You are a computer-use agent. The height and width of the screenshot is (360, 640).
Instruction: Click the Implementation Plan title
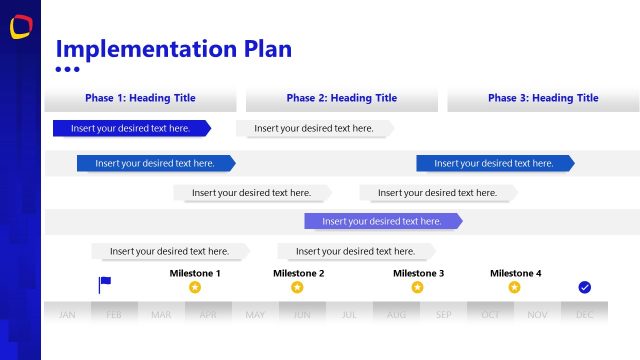coord(173,49)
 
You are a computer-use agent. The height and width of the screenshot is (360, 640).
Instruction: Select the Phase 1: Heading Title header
coord(140,98)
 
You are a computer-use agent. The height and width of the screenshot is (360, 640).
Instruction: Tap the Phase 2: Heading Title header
coord(341,98)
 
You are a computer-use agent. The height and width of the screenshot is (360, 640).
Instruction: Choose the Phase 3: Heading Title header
coord(543,98)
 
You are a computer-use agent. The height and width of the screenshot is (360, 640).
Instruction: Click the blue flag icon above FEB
coord(105,285)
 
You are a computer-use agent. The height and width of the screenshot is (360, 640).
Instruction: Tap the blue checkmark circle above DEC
coord(585,287)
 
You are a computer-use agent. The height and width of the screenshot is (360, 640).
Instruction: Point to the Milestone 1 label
coord(195,273)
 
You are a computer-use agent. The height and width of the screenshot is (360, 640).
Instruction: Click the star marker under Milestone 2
coord(297,288)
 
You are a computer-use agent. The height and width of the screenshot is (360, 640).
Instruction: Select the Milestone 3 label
coord(418,273)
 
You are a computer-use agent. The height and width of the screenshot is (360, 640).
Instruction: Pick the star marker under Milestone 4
coord(514,288)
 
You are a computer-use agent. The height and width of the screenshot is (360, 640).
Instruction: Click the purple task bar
coord(382,221)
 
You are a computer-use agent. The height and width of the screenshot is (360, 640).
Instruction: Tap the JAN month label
coord(67,314)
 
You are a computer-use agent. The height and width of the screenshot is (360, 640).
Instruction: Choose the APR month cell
coord(208,314)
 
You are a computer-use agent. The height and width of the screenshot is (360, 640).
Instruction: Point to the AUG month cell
coord(396,314)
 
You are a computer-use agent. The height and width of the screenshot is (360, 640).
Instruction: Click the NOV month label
coord(537,314)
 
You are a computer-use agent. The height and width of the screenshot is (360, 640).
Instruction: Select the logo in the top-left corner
coord(20,28)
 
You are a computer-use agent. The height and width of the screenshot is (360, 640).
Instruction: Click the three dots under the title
coord(67,70)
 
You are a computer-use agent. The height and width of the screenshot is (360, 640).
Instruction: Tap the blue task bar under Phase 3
coord(494,163)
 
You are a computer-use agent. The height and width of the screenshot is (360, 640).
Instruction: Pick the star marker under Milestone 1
coord(195,288)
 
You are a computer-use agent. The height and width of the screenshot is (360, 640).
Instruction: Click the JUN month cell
coord(302,314)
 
